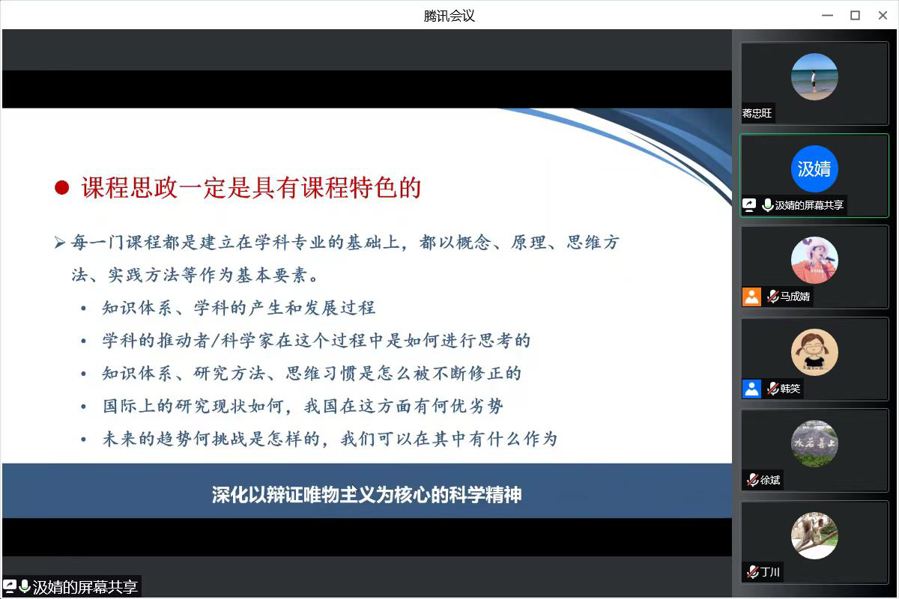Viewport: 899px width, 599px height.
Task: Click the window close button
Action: pos(883,15)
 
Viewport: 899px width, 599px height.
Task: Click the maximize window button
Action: pos(855,15)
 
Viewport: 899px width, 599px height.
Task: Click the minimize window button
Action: pos(827,15)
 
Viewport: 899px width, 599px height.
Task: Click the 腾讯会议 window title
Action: pos(449,16)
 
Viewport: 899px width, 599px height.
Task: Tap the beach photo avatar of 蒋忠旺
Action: pos(814,76)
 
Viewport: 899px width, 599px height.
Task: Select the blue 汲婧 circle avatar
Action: pos(814,168)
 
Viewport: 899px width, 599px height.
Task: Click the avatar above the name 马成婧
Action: pos(814,260)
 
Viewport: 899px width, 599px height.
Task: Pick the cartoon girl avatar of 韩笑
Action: pos(814,352)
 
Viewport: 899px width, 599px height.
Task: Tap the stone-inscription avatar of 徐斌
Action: pos(814,443)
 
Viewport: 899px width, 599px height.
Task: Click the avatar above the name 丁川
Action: pos(814,535)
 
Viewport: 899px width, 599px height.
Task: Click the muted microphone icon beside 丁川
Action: pos(752,572)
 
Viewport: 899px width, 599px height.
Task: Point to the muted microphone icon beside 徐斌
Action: pos(752,480)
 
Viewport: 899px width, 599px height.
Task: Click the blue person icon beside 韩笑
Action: pos(751,389)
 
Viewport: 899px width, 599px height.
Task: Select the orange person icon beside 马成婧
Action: pos(751,297)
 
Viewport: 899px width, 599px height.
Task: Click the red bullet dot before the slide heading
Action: pos(61,187)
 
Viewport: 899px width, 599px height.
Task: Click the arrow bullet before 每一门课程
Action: pos(60,243)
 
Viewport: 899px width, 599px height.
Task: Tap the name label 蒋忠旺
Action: pos(757,113)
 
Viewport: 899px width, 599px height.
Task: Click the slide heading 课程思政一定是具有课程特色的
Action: pos(251,187)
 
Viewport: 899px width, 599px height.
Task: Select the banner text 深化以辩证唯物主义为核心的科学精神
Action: pos(367,494)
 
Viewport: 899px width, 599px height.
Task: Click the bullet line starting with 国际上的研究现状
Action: pos(303,406)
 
